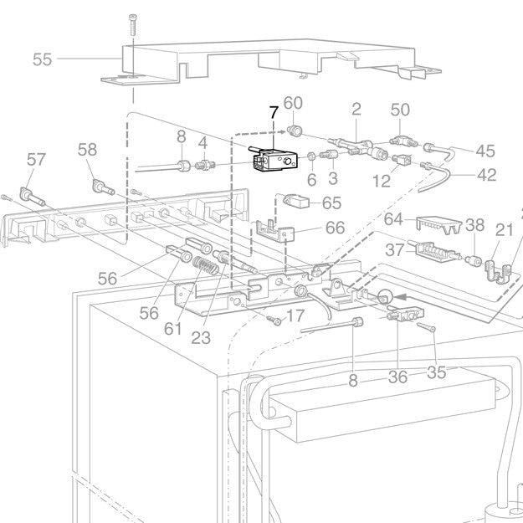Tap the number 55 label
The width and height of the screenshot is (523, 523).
pos(42,59)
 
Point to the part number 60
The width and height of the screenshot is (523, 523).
pos(292,103)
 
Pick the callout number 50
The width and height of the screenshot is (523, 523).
pos(401,110)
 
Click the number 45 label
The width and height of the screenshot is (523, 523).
pos(485,151)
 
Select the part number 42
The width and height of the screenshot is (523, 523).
pos(486,175)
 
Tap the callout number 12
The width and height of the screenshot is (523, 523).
pos(381,181)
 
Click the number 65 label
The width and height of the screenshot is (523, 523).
pos(331,203)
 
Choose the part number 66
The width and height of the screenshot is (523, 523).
pos(334,228)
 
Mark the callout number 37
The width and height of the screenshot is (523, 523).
pos(394,250)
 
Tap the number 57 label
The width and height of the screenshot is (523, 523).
pos(36,158)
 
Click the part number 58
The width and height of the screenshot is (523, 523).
pos(87,150)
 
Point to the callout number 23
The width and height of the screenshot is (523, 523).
pos(200,337)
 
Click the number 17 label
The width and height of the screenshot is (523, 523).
pos(295,316)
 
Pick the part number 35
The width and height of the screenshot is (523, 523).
pos(437,372)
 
